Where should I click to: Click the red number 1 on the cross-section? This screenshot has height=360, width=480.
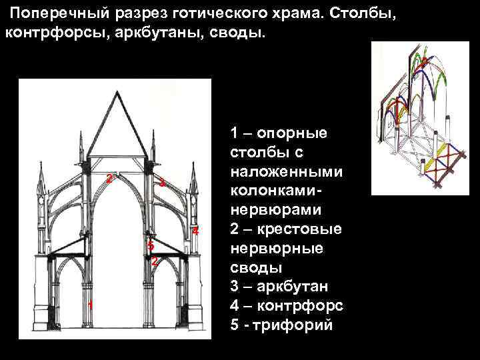click(x=90, y=305)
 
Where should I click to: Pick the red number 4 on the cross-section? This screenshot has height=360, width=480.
click(x=195, y=231)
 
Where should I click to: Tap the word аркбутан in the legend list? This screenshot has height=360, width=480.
click(x=297, y=287)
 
